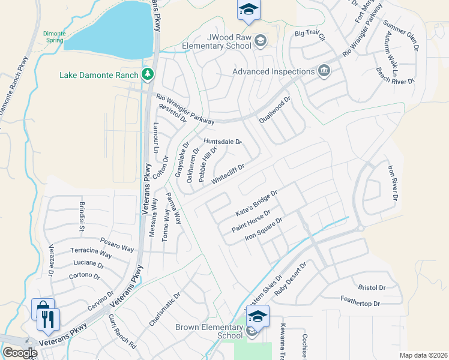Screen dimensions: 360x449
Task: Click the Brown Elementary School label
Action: point(208,331)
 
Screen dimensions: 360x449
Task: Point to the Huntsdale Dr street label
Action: point(222,142)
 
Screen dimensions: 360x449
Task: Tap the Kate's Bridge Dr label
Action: point(256,204)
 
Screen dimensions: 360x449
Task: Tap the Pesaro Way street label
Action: point(117,243)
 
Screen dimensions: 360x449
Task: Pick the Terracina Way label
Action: point(91,253)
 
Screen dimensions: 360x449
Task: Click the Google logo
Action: point(20,352)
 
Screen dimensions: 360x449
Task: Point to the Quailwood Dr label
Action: point(275,109)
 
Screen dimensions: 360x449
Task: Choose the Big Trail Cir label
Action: point(309,35)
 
